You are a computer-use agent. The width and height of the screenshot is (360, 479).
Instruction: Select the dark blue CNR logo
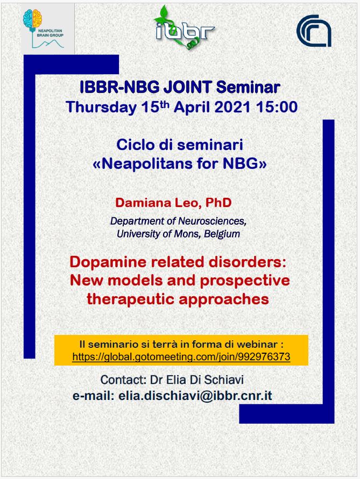(x=314, y=31)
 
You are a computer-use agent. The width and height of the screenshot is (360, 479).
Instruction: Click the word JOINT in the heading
(x=187, y=87)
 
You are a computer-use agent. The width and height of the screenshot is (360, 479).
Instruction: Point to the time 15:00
(x=277, y=107)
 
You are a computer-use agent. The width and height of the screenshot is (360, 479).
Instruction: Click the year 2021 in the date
(x=232, y=107)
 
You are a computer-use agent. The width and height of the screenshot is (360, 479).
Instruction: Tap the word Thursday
(x=101, y=107)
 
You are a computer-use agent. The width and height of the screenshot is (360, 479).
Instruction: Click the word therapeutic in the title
(x=130, y=299)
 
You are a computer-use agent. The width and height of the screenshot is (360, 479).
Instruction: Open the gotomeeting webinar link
(x=181, y=357)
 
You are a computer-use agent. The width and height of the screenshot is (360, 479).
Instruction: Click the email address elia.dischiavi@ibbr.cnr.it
(x=195, y=396)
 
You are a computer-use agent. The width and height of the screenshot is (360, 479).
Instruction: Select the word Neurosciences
(x=212, y=221)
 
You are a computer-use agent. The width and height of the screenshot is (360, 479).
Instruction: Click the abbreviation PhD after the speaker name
(x=218, y=203)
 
